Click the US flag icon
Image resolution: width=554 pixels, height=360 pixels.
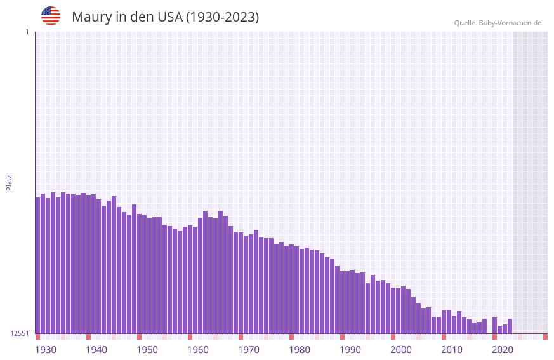[x=51, y=16]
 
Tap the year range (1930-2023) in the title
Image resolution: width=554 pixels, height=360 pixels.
[x=222, y=17]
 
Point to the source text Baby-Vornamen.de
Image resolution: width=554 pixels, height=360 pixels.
[x=510, y=23]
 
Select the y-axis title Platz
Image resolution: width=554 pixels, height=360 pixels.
[x=9, y=183]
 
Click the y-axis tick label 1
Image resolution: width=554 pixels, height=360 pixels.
[x=27, y=32]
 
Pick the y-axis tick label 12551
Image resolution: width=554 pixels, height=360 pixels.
[x=20, y=333]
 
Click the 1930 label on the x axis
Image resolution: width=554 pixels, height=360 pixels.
[x=46, y=350]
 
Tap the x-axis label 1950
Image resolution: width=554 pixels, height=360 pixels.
[x=147, y=350]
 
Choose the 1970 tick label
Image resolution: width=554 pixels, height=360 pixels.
[x=249, y=350]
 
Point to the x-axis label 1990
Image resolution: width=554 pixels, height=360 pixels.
[x=350, y=350]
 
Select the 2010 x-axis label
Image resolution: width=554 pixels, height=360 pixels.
[x=452, y=350]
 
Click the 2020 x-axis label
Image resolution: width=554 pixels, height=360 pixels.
[x=503, y=350]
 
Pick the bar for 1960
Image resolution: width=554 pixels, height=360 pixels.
[x=190, y=279]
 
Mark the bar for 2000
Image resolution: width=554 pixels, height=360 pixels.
[x=393, y=310]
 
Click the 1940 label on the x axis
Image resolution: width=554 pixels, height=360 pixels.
[x=96, y=350]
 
